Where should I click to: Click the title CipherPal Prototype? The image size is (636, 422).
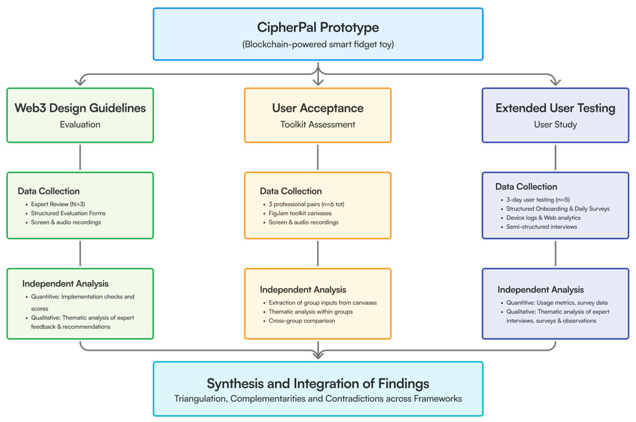click(x=318, y=27)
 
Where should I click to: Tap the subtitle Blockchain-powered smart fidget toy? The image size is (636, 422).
click(x=318, y=44)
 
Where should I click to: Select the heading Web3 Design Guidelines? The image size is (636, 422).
click(x=80, y=108)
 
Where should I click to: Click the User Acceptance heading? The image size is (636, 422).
click(x=318, y=108)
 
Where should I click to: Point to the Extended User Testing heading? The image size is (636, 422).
click(x=555, y=108)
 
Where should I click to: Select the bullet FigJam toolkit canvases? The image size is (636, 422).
click(x=300, y=213)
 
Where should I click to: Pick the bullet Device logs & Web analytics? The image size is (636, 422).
click(x=543, y=217)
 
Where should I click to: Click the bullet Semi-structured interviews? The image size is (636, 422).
click(x=541, y=227)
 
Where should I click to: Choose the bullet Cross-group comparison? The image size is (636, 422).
click(x=302, y=321)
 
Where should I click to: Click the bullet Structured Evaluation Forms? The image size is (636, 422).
click(x=68, y=213)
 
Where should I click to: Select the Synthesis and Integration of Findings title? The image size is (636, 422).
click(x=318, y=383)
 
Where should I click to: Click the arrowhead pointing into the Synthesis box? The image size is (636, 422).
click(x=318, y=356)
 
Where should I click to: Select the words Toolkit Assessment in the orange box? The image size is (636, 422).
click(x=318, y=124)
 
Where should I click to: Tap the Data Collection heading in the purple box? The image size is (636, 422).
click(x=526, y=187)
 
